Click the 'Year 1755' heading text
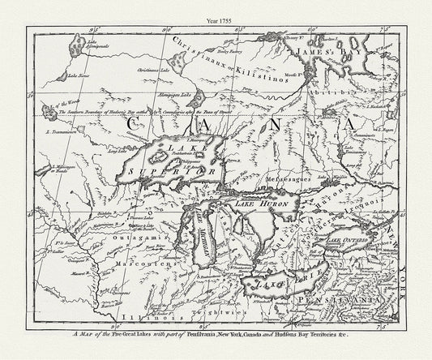click(x=216, y=9)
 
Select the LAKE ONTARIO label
click(x=353, y=241)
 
